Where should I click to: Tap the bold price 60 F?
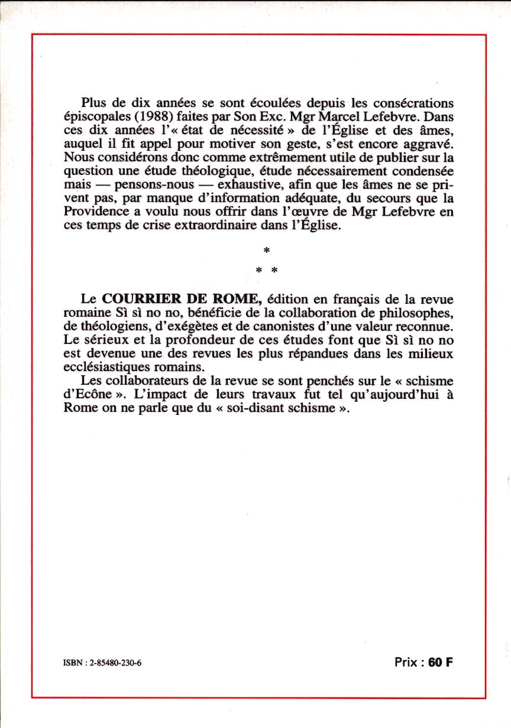[x=441, y=662]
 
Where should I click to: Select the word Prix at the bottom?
[x=408, y=662]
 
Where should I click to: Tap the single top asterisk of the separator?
[x=266, y=252]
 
